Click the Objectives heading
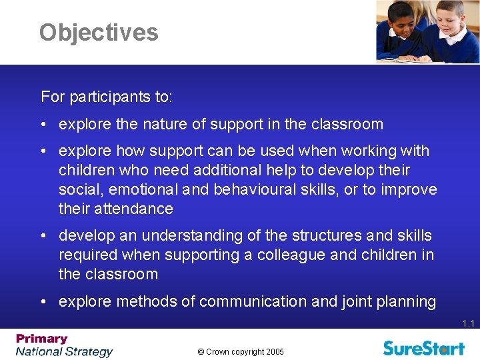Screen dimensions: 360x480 pyautogui.click(x=99, y=32)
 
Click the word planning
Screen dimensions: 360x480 pyautogui.click(x=405, y=301)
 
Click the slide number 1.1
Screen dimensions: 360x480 pyautogui.click(x=468, y=324)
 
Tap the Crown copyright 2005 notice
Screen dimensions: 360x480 pyautogui.click(x=240, y=351)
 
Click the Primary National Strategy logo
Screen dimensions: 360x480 pyautogui.click(x=64, y=345)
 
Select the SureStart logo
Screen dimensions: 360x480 pyautogui.click(x=424, y=347)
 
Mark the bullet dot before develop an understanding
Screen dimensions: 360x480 pyautogui.click(x=43, y=236)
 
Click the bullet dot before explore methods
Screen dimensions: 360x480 pyautogui.click(x=43, y=302)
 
